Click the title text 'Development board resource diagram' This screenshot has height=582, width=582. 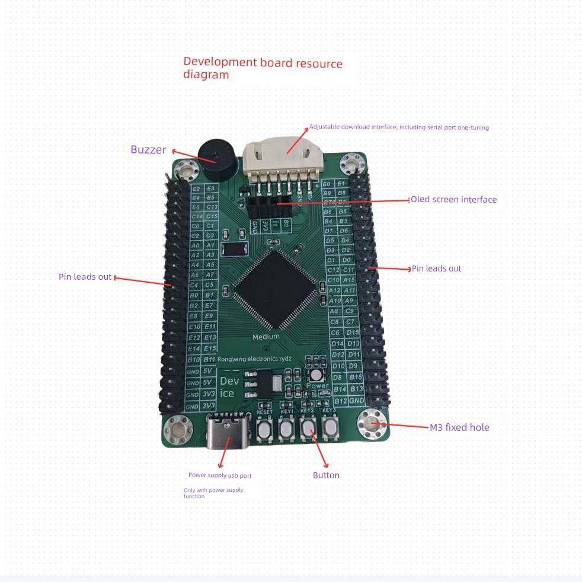pos(263,69)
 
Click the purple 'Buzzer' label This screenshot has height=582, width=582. pos(148,149)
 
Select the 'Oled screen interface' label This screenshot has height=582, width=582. pos(453,200)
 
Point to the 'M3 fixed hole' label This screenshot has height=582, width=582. pos(459,427)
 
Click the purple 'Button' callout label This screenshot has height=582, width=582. pos(326,475)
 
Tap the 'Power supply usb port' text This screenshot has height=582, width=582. pos(220,475)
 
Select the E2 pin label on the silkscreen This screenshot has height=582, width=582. pos(196,188)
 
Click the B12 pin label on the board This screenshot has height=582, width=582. pos(340,401)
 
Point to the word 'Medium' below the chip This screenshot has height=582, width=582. pos(266,337)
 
